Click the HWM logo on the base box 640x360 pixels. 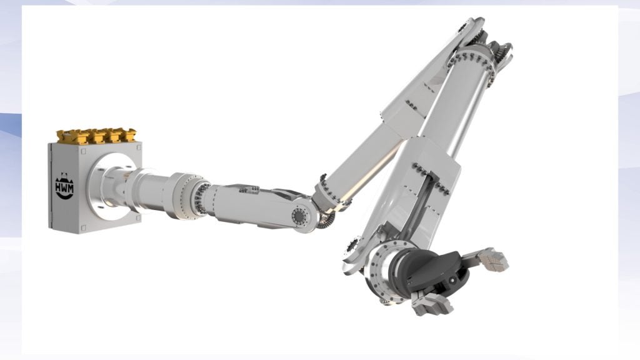(64, 186)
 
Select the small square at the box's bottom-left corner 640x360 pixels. (84, 227)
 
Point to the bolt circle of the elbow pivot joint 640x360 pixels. (300, 215)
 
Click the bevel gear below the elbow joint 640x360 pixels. (326, 221)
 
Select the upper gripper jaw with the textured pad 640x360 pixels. (492, 259)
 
